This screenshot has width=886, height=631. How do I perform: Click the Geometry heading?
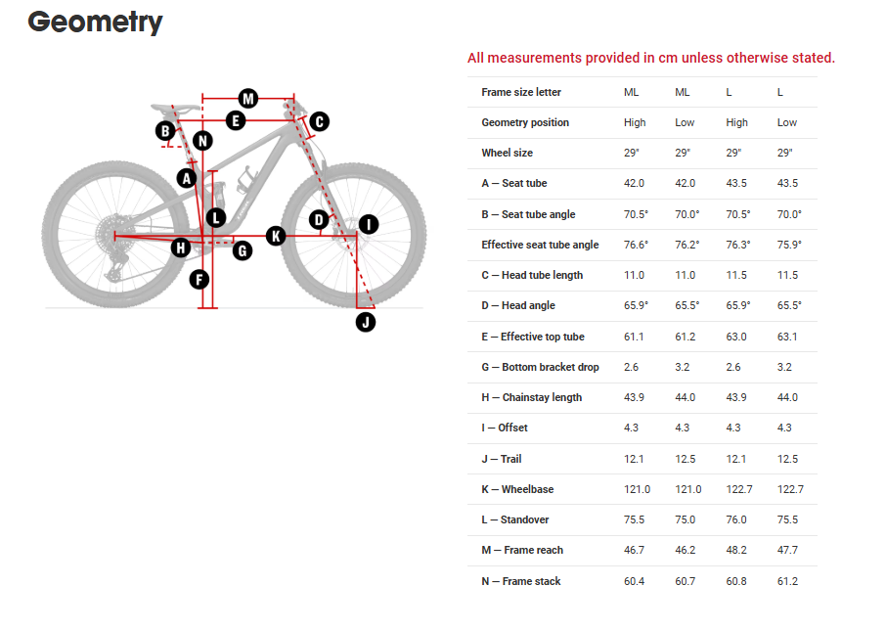[95, 22]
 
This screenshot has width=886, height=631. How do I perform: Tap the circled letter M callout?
[248, 99]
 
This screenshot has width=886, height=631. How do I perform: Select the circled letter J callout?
[366, 321]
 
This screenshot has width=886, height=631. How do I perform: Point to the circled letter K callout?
[276, 236]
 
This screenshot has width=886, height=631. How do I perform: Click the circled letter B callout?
[166, 131]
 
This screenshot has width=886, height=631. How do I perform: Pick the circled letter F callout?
[199, 280]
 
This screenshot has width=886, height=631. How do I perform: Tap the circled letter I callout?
[368, 225]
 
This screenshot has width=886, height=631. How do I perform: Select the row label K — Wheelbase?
[516, 489]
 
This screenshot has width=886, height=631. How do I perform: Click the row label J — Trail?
[503, 459]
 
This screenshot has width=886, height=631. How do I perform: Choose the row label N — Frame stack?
[521, 581]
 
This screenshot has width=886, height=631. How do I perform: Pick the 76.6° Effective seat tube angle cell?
[636, 245]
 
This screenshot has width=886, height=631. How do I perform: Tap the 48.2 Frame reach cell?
[736, 550]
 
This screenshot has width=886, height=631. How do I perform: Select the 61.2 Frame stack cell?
[787, 581]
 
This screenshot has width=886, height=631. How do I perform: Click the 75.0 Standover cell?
[685, 519]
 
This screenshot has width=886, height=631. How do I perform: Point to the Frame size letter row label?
[521, 92]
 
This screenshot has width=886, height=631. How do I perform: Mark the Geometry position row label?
[525, 122]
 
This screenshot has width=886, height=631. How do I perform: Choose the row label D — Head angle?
[518, 305]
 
